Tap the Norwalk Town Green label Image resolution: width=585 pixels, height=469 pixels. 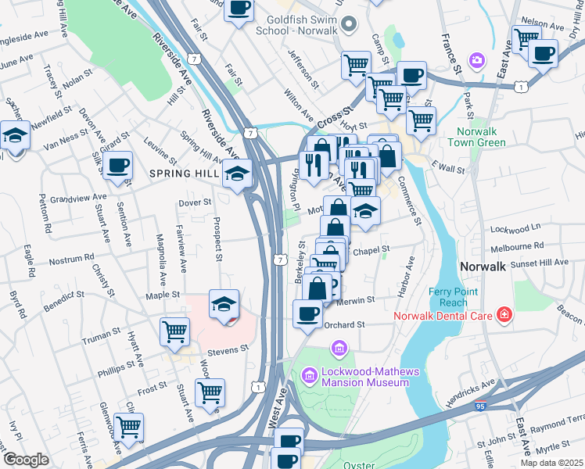click(x=476, y=138)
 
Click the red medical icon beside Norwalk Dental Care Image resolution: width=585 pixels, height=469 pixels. click(x=505, y=315)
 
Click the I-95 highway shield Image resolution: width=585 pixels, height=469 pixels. click(x=479, y=406)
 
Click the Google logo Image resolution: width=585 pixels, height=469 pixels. click(x=26, y=460)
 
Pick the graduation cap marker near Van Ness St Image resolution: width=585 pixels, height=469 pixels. click(x=15, y=136)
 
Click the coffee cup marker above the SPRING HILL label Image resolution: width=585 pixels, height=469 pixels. click(x=118, y=166)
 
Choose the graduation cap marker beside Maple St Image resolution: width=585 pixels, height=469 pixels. click(x=224, y=303)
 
